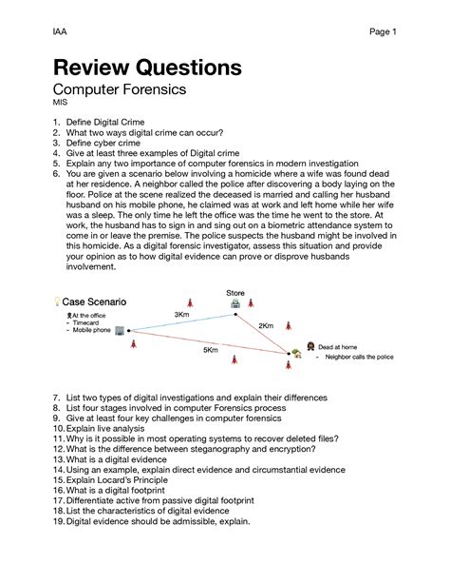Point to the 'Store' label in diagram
click(235, 292)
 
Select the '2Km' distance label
click(266, 325)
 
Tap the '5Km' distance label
click(210, 350)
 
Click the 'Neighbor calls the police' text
click(358, 360)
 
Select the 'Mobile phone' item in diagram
click(91, 330)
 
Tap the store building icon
click(235, 303)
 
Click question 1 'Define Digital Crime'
click(111, 123)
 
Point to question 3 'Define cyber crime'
click(107, 144)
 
